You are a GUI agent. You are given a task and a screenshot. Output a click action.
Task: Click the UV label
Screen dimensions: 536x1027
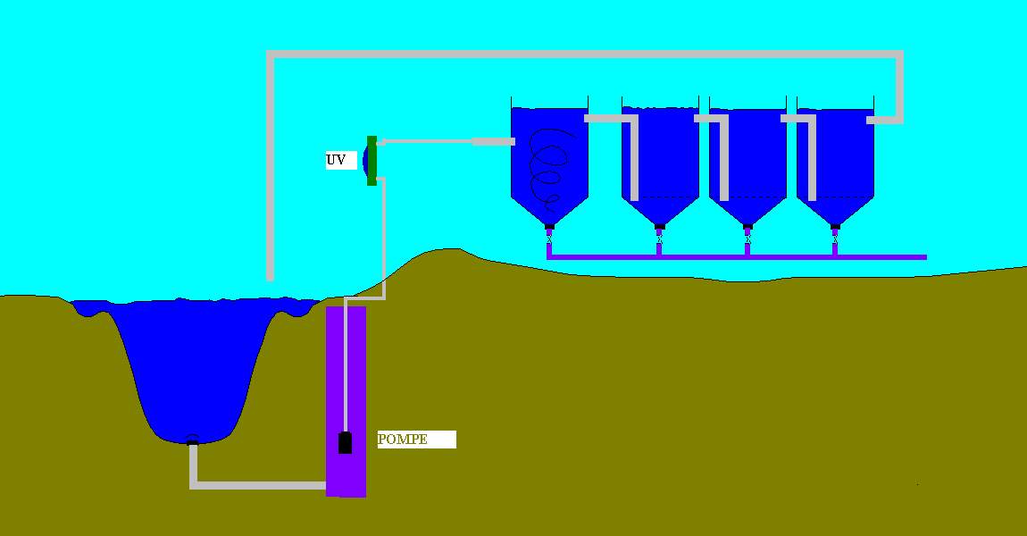[337, 160]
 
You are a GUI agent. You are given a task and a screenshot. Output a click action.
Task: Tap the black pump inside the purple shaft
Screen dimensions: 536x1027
[345, 442]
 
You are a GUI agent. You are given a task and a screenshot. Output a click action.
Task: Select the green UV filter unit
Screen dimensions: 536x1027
[372, 161]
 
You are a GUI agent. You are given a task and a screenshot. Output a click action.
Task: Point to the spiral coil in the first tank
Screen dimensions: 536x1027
[547, 170]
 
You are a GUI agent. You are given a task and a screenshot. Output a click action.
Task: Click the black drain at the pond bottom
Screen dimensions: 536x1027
[191, 439]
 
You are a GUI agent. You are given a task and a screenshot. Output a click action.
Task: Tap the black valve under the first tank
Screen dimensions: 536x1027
[549, 227]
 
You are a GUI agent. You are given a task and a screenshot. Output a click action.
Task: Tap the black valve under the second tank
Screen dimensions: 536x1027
[659, 227]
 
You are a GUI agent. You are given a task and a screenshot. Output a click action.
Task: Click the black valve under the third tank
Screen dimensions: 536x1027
[747, 227]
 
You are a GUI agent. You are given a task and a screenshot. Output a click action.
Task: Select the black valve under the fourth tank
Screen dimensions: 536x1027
[835, 227]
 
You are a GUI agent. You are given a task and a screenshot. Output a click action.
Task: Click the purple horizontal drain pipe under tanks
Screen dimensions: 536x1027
[804, 256]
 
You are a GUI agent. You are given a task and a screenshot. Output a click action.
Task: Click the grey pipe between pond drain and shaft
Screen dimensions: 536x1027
[259, 485]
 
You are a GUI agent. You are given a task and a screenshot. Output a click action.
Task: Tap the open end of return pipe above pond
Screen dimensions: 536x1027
[270, 275]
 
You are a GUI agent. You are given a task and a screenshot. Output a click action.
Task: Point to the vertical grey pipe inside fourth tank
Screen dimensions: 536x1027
[812, 161]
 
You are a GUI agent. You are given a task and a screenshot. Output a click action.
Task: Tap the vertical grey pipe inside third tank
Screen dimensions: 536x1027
[723, 161]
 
